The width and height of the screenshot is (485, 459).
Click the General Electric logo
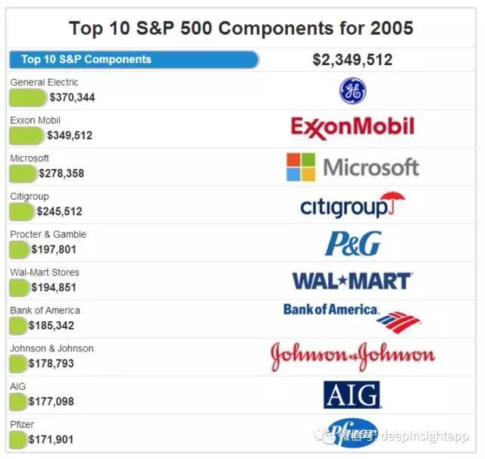click(x=352, y=91)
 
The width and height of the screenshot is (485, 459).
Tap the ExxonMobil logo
click(x=352, y=127)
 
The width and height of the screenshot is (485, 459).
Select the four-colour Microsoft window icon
click(x=301, y=167)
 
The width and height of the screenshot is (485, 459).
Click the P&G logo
click(x=352, y=243)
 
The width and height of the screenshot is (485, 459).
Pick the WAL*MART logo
click(x=352, y=281)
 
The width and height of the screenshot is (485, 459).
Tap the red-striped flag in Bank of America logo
click(x=398, y=322)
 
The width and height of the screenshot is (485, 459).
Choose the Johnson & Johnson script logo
click(x=353, y=356)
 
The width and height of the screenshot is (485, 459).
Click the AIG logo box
click(x=352, y=395)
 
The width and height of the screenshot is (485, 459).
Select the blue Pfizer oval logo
click(x=352, y=432)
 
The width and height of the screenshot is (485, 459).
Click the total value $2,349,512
click(x=352, y=60)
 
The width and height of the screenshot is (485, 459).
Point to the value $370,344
click(x=72, y=98)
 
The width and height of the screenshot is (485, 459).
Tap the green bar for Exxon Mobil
click(x=27, y=136)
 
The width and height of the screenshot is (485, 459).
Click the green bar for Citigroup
click(x=22, y=211)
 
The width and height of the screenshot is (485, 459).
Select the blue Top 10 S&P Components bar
click(x=134, y=59)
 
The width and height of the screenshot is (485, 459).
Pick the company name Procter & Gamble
click(x=48, y=234)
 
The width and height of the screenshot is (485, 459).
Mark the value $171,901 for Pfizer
click(x=51, y=439)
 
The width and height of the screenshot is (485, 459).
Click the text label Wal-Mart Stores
click(x=44, y=272)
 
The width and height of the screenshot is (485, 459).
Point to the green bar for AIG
click(x=18, y=401)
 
